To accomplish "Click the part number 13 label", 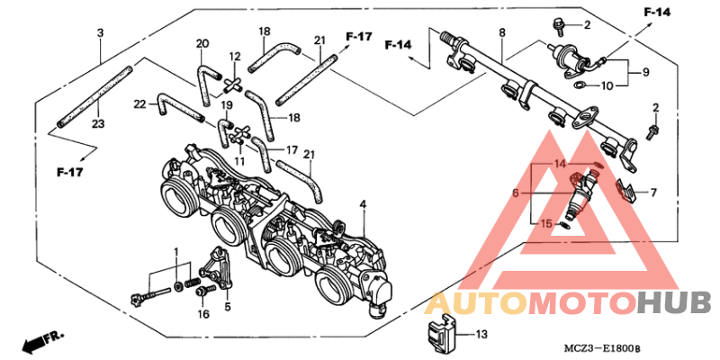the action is (x=481, y=334).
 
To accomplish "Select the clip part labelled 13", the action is (x=440, y=332).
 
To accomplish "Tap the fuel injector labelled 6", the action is (x=580, y=196).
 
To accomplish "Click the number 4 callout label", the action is (x=363, y=204).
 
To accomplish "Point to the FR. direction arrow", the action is (x=40, y=341).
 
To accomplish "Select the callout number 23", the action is (x=98, y=124).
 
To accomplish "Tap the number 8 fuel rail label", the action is (x=502, y=33).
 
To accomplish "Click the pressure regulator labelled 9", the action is (x=571, y=58).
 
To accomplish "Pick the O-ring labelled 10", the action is (x=580, y=84).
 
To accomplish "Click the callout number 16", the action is (x=203, y=314).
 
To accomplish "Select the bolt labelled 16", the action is (x=205, y=290).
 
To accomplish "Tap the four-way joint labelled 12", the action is (x=233, y=85).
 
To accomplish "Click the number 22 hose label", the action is (x=140, y=104).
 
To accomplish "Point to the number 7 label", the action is (x=653, y=193).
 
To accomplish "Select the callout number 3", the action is (x=100, y=33).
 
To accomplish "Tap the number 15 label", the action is (x=545, y=223).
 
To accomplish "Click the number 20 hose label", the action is (x=202, y=44).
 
